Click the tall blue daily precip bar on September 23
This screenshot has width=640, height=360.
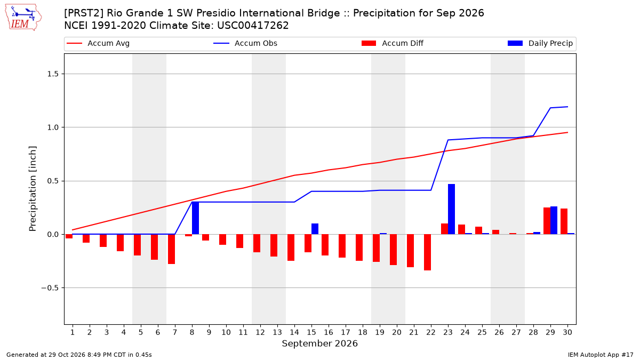[x=451, y=209]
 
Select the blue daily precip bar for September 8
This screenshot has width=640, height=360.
[x=195, y=218]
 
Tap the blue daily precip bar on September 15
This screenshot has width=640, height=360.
[x=315, y=229]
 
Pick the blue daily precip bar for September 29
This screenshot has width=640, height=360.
[x=554, y=220]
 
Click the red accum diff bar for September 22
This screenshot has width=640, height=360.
[x=427, y=252]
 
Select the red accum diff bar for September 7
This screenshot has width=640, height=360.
[x=171, y=249]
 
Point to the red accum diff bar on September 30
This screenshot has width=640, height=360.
[x=564, y=221]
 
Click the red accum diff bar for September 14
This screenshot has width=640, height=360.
[x=291, y=247]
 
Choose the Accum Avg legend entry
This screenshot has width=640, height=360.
[x=98, y=43]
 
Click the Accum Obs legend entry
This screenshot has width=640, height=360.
[x=245, y=43]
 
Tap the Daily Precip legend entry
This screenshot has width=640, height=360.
[x=540, y=43]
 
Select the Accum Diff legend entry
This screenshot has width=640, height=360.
[x=393, y=43]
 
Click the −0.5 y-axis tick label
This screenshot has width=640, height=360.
[x=50, y=288]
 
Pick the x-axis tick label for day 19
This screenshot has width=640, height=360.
[x=380, y=332]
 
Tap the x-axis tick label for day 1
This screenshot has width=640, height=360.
[x=73, y=332]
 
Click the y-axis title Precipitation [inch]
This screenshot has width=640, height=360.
[x=33, y=189]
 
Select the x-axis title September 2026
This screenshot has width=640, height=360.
[x=319, y=343]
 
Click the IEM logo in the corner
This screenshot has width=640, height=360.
[x=23, y=18]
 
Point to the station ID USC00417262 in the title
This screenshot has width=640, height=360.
[x=253, y=26]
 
